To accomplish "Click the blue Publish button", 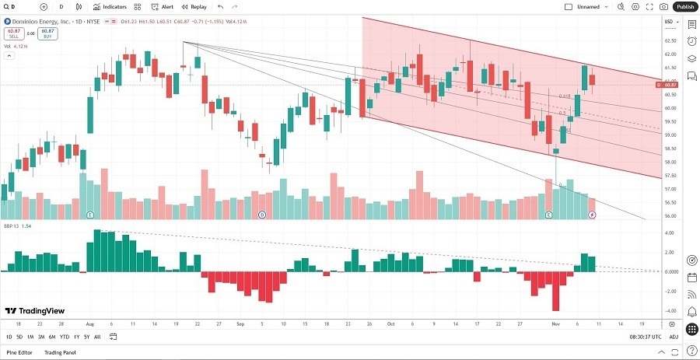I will pyautogui.click(x=684, y=6).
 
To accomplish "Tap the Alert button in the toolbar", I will pyautogui.click(x=163, y=6).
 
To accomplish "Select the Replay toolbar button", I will pyautogui.click(x=194, y=6).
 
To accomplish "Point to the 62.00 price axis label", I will pyautogui.click(x=670, y=54).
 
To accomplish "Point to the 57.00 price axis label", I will pyautogui.click(x=670, y=189).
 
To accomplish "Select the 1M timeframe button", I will pyautogui.click(x=30, y=337).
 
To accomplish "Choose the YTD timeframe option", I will pyautogui.click(x=65, y=337).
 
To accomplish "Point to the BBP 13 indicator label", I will pyautogui.click(x=13, y=225).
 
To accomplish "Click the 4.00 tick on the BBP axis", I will pyautogui.click(x=670, y=233).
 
